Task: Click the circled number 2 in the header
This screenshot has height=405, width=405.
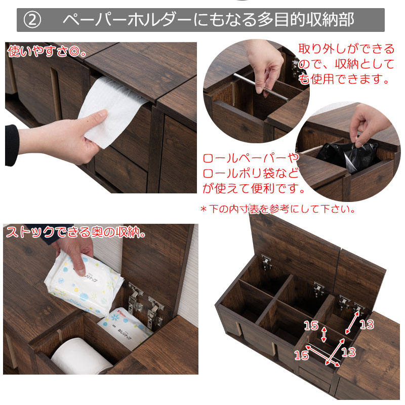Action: (x=32, y=20)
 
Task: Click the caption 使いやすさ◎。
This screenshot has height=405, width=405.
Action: (x=47, y=51)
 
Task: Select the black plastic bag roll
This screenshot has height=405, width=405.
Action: (x=346, y=155)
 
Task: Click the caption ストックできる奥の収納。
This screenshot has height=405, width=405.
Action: (x=75, y=232)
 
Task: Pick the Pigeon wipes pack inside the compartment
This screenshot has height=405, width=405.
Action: (x=126, y=328)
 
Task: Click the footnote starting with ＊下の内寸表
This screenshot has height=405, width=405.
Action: (x=278, y=209)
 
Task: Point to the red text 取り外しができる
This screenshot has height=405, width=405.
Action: (x=346, y=49)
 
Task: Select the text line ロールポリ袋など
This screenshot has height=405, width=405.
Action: (x=251, y=173)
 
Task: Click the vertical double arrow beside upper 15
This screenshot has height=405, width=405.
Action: (x=324, y=334)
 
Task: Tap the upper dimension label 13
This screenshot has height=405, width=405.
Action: (x=367, y=325)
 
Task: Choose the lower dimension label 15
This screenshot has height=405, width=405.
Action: (x=302, y=355)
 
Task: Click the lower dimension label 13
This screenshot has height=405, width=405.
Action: (x=348, y=352)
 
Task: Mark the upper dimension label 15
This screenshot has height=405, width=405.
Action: (x=311, y=326)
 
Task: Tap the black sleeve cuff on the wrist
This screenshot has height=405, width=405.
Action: (x=12, y=145)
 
